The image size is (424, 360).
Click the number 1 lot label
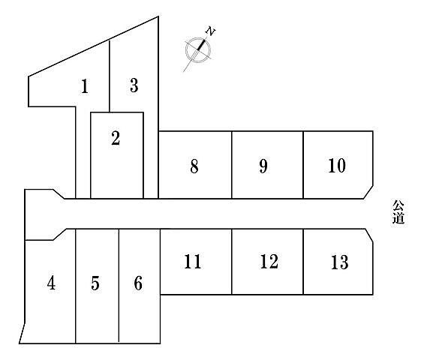(85, 86)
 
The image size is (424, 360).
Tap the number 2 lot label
(116, 138)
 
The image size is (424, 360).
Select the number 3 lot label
(134, 85)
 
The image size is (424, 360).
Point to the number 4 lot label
(51, 283)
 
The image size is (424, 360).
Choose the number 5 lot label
(95, 283)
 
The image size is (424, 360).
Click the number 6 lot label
(138, 283)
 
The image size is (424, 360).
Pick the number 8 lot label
(194, 166)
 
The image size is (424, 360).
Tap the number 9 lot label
(263, 166)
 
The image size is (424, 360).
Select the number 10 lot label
(337, 166)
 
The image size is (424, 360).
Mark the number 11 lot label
(193, 261)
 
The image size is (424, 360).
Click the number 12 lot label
(269, 261)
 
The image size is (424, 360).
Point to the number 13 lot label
(340, 262)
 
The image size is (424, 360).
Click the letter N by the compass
(210, 31)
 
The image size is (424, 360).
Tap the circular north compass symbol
(198, 49)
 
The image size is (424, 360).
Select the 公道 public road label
(398, 212)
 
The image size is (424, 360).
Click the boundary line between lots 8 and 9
(232, 165)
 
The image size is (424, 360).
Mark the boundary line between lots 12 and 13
(303, 262)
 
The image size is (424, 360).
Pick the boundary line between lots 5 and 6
(119, 286)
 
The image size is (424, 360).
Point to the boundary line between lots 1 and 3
(110, 76)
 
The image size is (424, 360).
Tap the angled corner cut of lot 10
(368, 192)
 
